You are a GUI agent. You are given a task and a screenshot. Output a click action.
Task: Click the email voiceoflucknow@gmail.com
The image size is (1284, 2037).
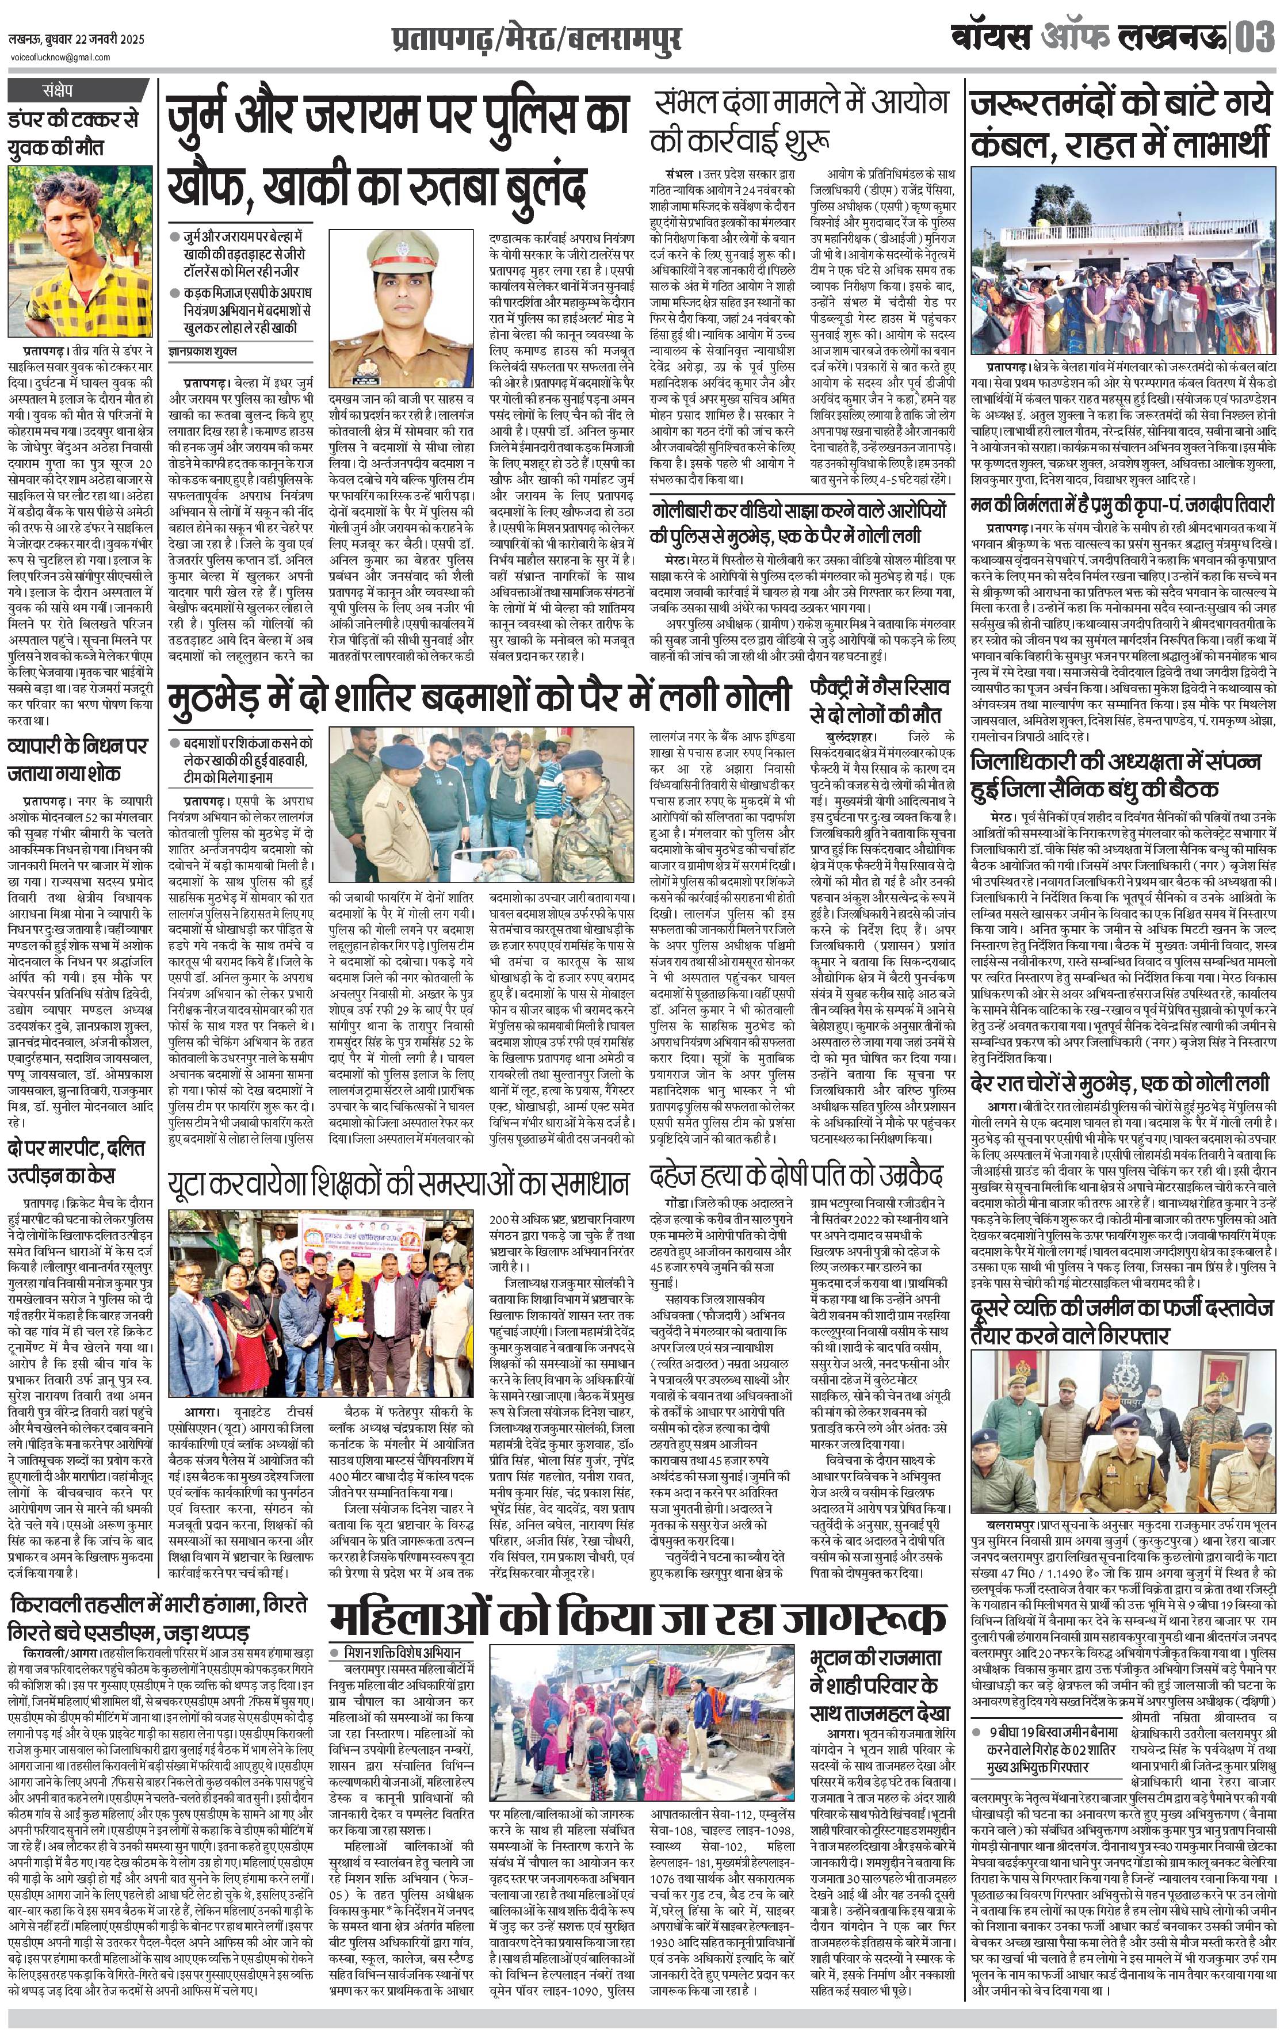(x=59, y=57)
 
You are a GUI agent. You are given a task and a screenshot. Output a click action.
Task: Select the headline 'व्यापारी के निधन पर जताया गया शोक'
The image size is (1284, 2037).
(x=76, y=760)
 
